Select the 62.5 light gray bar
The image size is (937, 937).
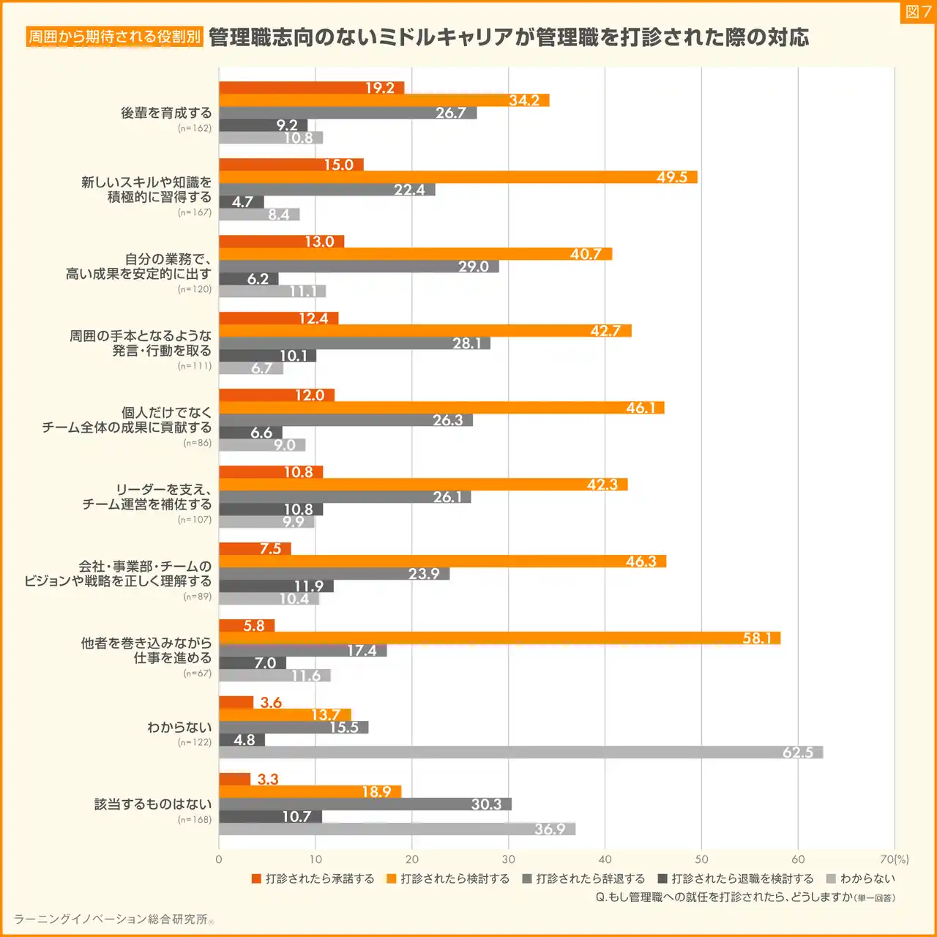[520, 753]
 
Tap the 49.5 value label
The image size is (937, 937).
[671, 177]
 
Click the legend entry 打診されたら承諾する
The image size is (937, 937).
[313, 878]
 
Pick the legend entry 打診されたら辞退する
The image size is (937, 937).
[583, 878]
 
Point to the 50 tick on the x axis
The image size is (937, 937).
[701, 859]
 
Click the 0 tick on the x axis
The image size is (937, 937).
[219, 859]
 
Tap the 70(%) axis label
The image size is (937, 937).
[894, 859]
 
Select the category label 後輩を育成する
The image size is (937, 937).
[166, 113]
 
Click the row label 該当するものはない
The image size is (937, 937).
[152, 804]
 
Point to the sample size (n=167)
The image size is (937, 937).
[194, 212]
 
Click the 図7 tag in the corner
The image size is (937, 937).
[918, 12]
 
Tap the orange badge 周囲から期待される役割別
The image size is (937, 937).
[114, 37]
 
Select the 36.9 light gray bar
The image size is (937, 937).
[397, 829]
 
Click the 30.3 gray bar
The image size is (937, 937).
[365, 804]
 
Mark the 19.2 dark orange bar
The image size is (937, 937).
[311, 88]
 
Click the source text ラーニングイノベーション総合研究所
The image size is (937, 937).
[112, 919]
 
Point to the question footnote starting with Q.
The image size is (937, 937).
[744, 897]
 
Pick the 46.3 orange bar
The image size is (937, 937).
[442, 561]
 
